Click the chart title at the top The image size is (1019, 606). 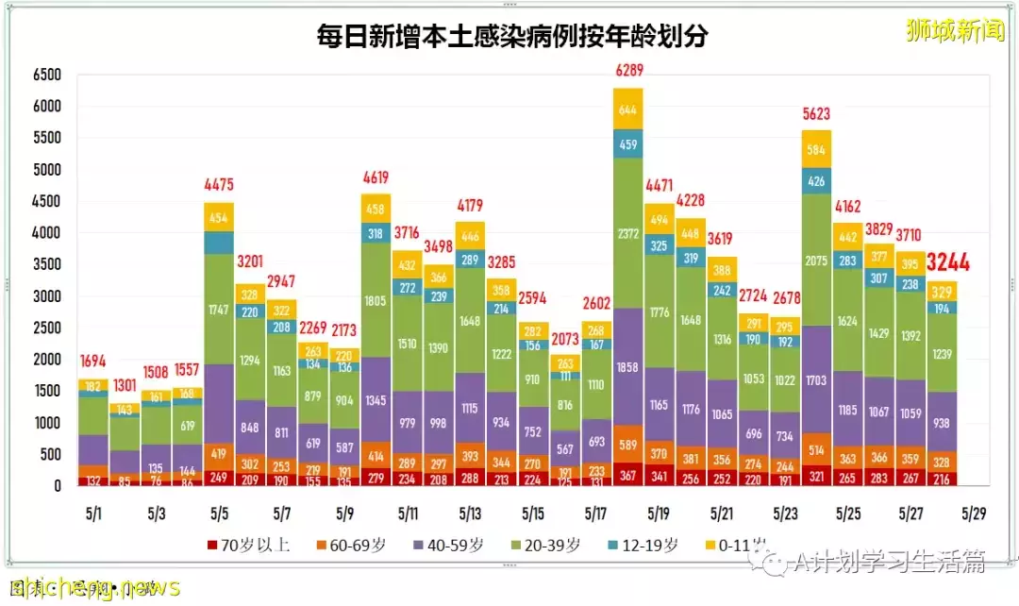512,37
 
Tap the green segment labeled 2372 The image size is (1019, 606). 627,233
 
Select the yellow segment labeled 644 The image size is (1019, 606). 627,109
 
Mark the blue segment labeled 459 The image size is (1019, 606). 627,144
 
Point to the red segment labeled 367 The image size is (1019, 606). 627,474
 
